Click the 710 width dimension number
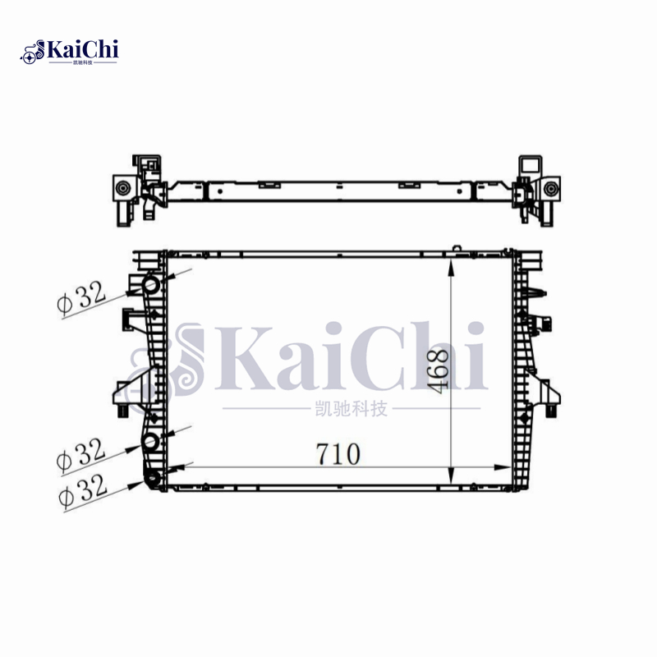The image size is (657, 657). [337, 454]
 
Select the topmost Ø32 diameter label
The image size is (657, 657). [83, 295]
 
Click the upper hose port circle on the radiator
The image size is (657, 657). [151, 285]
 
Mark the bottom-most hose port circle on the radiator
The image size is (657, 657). [154, 480]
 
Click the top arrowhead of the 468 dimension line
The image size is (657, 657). [450, 260]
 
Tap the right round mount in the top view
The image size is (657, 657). [549, 189]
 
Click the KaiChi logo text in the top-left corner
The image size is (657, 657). [82, 49]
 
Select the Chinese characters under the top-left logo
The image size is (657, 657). [83, 62]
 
